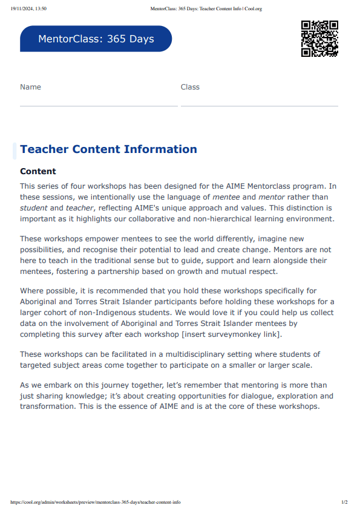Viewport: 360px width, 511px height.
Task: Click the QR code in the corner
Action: point(319,39)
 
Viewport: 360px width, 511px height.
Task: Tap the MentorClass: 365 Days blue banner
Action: point(96,39)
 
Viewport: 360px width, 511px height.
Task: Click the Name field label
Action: point(30,87)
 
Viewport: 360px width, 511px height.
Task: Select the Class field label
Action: point(190,87)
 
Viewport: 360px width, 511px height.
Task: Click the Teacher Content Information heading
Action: point(108,149)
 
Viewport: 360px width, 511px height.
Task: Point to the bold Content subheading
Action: point(38,172)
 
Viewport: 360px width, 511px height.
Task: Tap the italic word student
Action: point(34,207)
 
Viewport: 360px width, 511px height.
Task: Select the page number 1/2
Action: point(344,502)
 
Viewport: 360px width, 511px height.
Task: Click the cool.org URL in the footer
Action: point(95,502)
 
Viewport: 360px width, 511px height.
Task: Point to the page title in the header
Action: point(206,9)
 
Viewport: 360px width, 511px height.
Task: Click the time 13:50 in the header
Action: point(41,9)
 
